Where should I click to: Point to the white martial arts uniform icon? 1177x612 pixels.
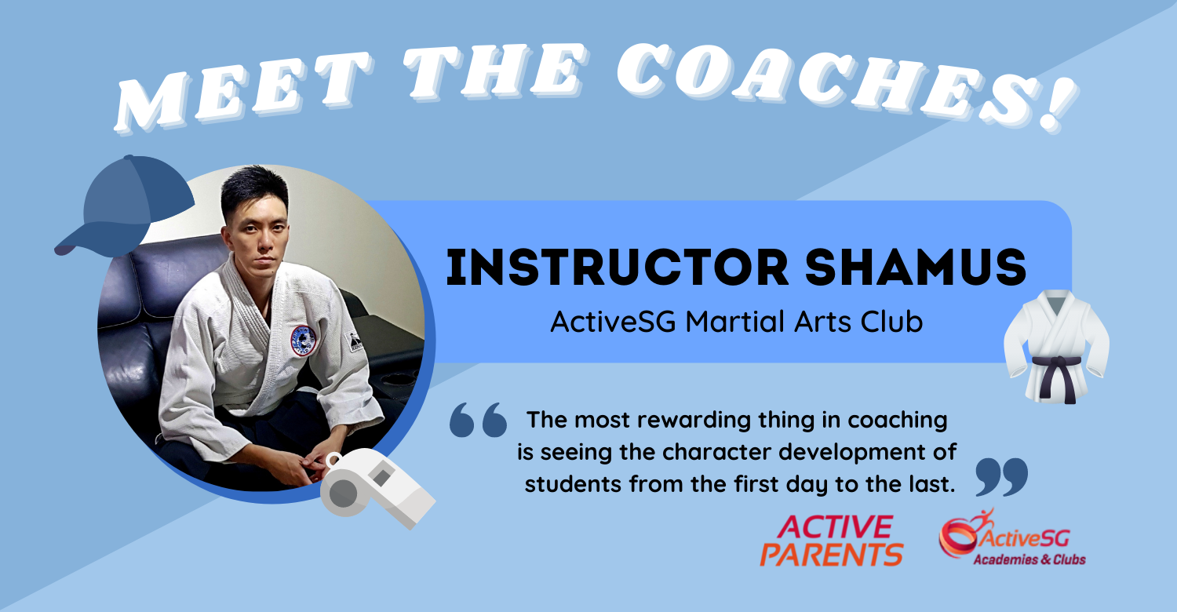pos(1056,347)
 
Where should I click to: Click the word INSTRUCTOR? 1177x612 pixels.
pos(618,268)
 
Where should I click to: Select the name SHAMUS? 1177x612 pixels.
pos(916,268)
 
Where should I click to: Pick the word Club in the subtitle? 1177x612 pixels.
pos(891,322)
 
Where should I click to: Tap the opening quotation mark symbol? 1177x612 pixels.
pos(478,420)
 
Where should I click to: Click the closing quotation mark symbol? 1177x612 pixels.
pos(1001,476)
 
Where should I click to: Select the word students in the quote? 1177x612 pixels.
pos(574,484)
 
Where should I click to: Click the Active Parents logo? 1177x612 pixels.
pos(832,541)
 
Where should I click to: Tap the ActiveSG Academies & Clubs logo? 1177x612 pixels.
pos(1012,537)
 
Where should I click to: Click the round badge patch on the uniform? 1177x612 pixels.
pos(303,341)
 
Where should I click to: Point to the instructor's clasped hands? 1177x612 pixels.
pos(310,462)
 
